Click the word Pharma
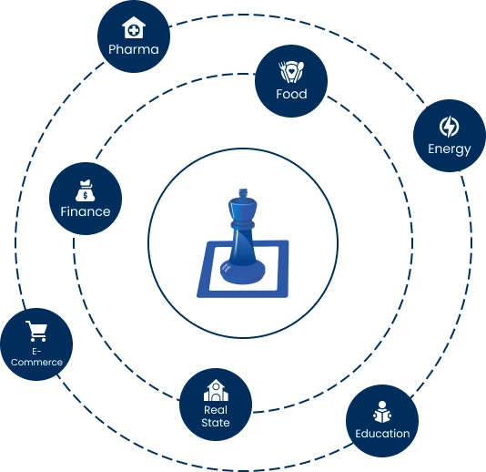133,49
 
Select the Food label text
291,94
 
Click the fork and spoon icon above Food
291,71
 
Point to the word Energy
450,149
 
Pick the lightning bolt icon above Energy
450,126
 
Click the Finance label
86,211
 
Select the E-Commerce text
36,356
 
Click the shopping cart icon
36,331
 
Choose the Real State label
216,416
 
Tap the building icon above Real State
216,390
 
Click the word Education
382,434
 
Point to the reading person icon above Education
382,411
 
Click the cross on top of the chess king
242,194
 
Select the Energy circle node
450,136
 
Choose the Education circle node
382,422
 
